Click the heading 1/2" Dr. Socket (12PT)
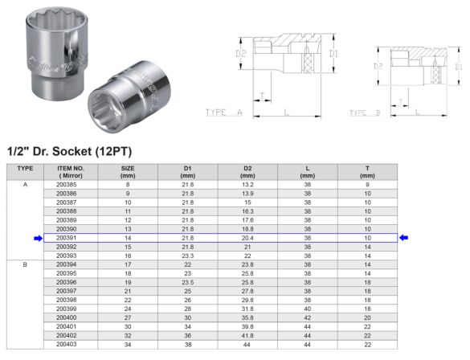pos(69,150)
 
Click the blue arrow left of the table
pos(37,238)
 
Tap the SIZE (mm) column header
pos(127,171)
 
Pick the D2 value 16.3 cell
pos(247,211)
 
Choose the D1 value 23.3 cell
pos(187,255)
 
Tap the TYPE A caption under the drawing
pos(223,112)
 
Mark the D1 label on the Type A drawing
pos(333,54)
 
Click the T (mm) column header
pos(367,171)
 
